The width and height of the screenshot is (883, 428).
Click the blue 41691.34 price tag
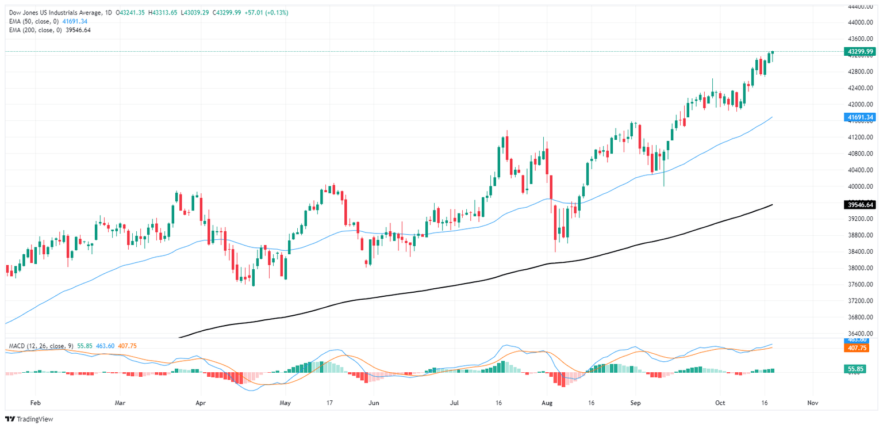coord(859,117)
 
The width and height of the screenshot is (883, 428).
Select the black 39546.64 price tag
coord(859,204)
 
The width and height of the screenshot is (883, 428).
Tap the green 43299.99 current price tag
coord(859,52)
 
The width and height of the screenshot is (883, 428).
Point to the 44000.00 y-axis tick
coord(859,22)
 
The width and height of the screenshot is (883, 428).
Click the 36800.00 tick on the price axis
coord(859,317)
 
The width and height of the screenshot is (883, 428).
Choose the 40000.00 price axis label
coord(859,186)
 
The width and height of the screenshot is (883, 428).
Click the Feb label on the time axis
coord(36,403)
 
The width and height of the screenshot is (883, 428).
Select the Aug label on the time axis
coord(547,403)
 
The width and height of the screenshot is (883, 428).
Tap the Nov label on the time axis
coord(812,403)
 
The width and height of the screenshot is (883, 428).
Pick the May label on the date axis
coord(285,403)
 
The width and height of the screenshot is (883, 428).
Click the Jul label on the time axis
coord(455,403)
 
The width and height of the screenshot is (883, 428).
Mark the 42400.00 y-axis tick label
coord(859,88)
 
